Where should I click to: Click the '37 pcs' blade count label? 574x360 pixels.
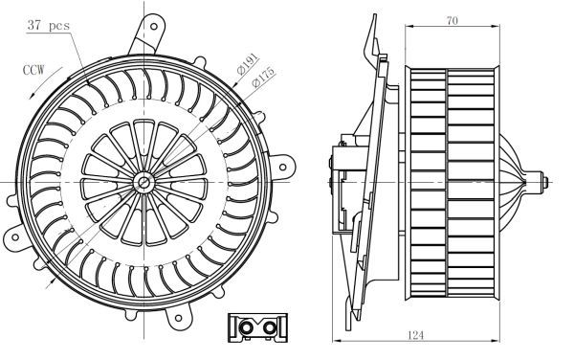49,25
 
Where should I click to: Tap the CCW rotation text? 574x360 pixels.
33,70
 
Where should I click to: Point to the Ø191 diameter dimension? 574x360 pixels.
248,64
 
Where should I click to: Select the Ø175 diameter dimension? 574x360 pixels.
263,77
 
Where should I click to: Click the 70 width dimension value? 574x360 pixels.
453,20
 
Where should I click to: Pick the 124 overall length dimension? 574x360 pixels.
415,335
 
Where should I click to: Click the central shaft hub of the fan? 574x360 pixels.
143,182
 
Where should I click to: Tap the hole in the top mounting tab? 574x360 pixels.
154,27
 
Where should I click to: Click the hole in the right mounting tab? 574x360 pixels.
282,168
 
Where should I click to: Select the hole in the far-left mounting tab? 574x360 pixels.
15,237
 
